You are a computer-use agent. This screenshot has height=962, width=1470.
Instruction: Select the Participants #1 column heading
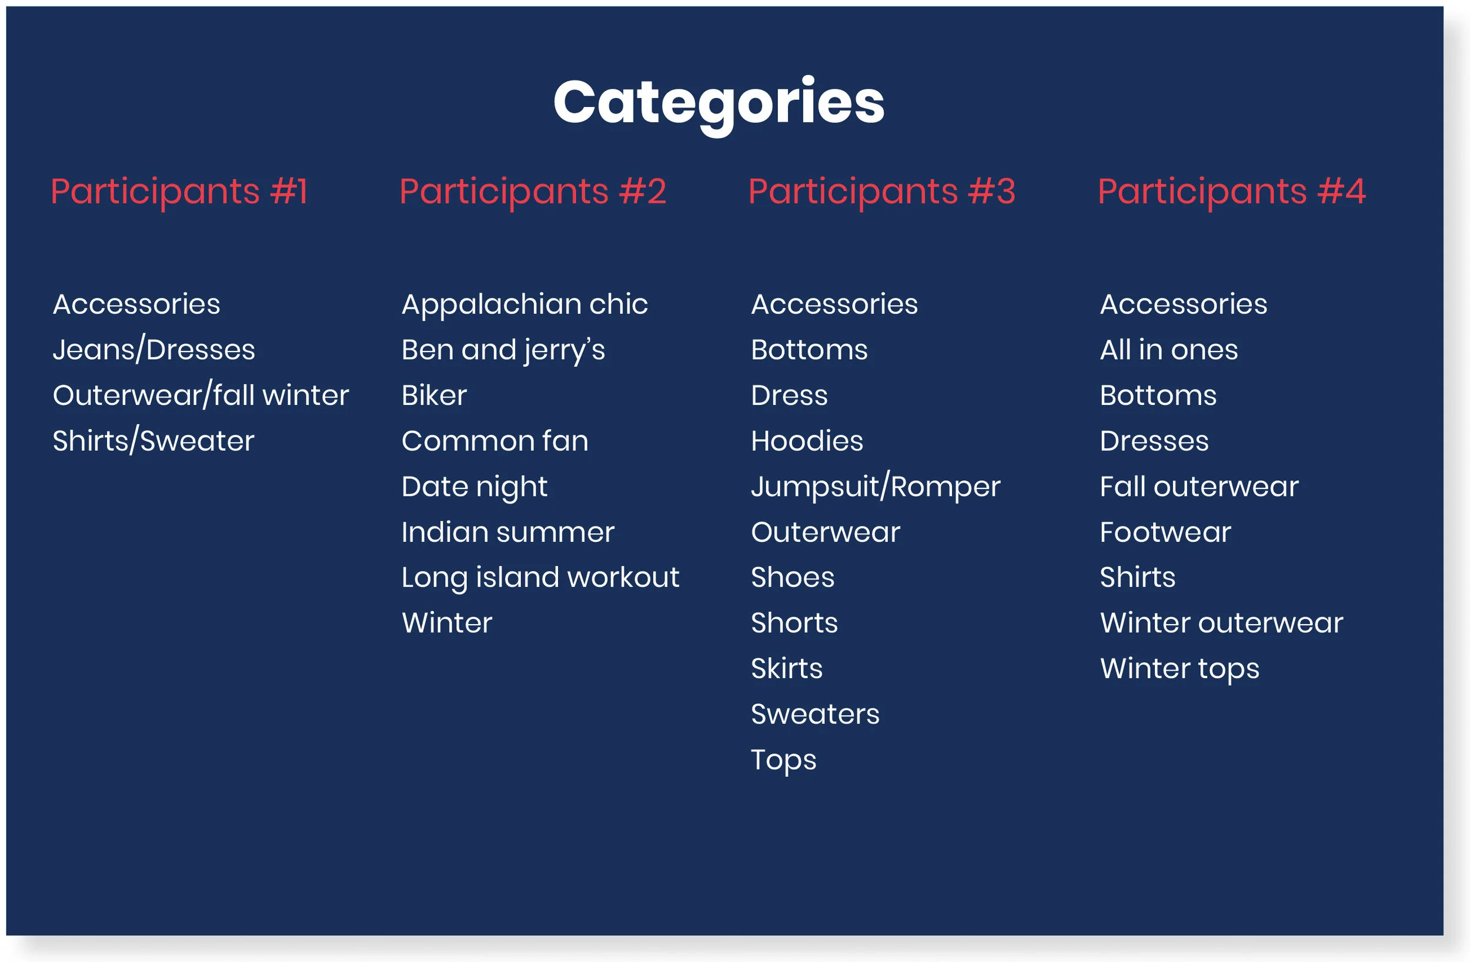[x=179, y=192]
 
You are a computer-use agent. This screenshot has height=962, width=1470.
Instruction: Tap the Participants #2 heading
[x=532, y=192]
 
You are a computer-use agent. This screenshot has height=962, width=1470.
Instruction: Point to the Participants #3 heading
[x=881, y=192]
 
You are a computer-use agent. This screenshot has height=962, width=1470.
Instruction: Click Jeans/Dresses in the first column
[x=154, y=350]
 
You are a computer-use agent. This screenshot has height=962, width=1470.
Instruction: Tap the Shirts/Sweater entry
[x=153, y=441]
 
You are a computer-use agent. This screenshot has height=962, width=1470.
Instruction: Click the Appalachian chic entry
[x=524, y=304]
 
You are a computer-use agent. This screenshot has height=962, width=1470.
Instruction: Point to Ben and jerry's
[x=503, y=350]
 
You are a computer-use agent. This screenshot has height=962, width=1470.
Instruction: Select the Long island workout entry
[x=540, y=578]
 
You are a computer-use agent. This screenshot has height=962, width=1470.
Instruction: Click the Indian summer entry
[x=507, y=532]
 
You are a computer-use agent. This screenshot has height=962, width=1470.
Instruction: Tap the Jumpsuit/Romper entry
[x=875, y=487]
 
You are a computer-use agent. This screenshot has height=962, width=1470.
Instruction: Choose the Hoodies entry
[x=807, y=441]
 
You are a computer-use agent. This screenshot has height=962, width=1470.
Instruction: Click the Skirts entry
[x=786, y=669]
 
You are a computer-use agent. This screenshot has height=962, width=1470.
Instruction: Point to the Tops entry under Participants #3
[x=783, y=760]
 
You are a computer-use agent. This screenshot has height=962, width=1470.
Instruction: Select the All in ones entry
[x=1168, y=350]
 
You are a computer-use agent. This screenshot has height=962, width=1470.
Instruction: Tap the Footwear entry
[x=1165, y=532]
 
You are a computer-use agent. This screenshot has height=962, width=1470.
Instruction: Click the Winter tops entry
[x=1179, y=669]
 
